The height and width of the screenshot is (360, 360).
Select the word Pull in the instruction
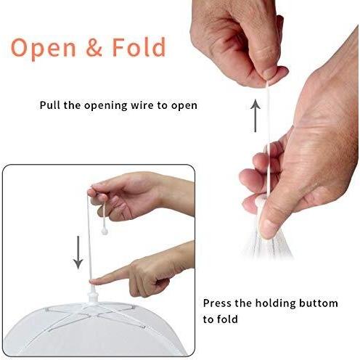50,105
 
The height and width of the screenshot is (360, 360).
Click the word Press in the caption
218,303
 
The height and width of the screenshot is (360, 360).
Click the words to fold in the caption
220,319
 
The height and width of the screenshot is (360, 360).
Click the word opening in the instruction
100,105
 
